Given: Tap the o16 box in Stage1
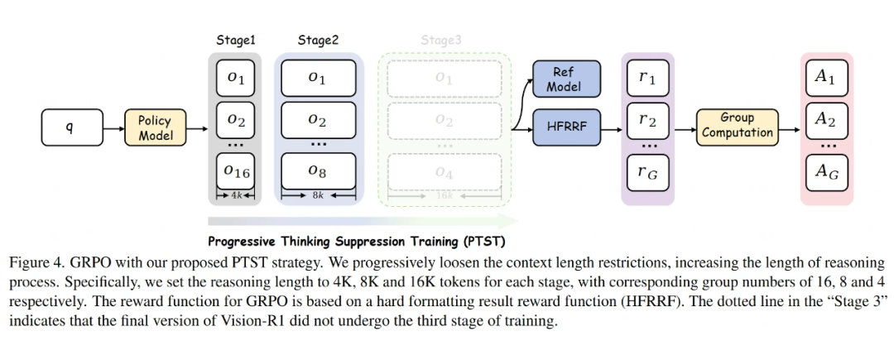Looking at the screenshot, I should (237, 171).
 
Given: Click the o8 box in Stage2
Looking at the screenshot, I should (317, 171).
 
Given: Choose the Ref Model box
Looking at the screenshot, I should (563, 79).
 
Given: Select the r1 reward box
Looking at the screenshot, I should (647, 79).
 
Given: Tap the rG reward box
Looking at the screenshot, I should (647, 172).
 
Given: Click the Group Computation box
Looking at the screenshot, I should (737, 126).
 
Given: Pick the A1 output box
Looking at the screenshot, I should (824, 77).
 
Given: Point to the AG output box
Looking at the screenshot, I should (824, 172).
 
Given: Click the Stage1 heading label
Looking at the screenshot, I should (237, 40).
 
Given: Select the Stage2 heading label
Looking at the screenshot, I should (318, 40).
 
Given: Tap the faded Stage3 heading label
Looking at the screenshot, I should (441, 40).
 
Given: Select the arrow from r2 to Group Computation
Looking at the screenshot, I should (683, 128).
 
